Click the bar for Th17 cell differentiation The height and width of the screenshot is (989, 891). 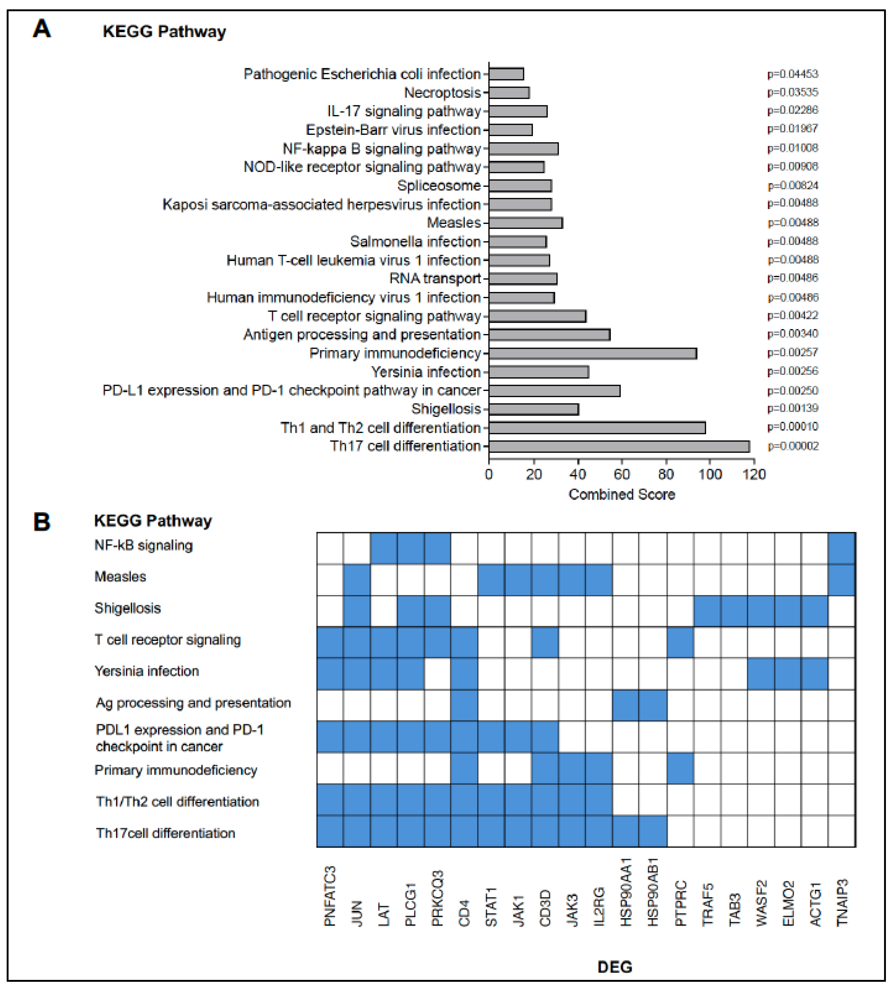619,446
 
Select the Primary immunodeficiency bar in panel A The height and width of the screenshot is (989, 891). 592,353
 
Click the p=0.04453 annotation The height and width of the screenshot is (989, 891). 793,74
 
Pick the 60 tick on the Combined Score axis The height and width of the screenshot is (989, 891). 622,474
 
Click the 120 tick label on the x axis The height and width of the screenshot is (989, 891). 754,474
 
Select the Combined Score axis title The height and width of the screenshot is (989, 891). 621,494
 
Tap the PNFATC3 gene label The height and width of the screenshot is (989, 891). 330,896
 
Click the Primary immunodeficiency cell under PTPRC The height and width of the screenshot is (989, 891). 680,768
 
